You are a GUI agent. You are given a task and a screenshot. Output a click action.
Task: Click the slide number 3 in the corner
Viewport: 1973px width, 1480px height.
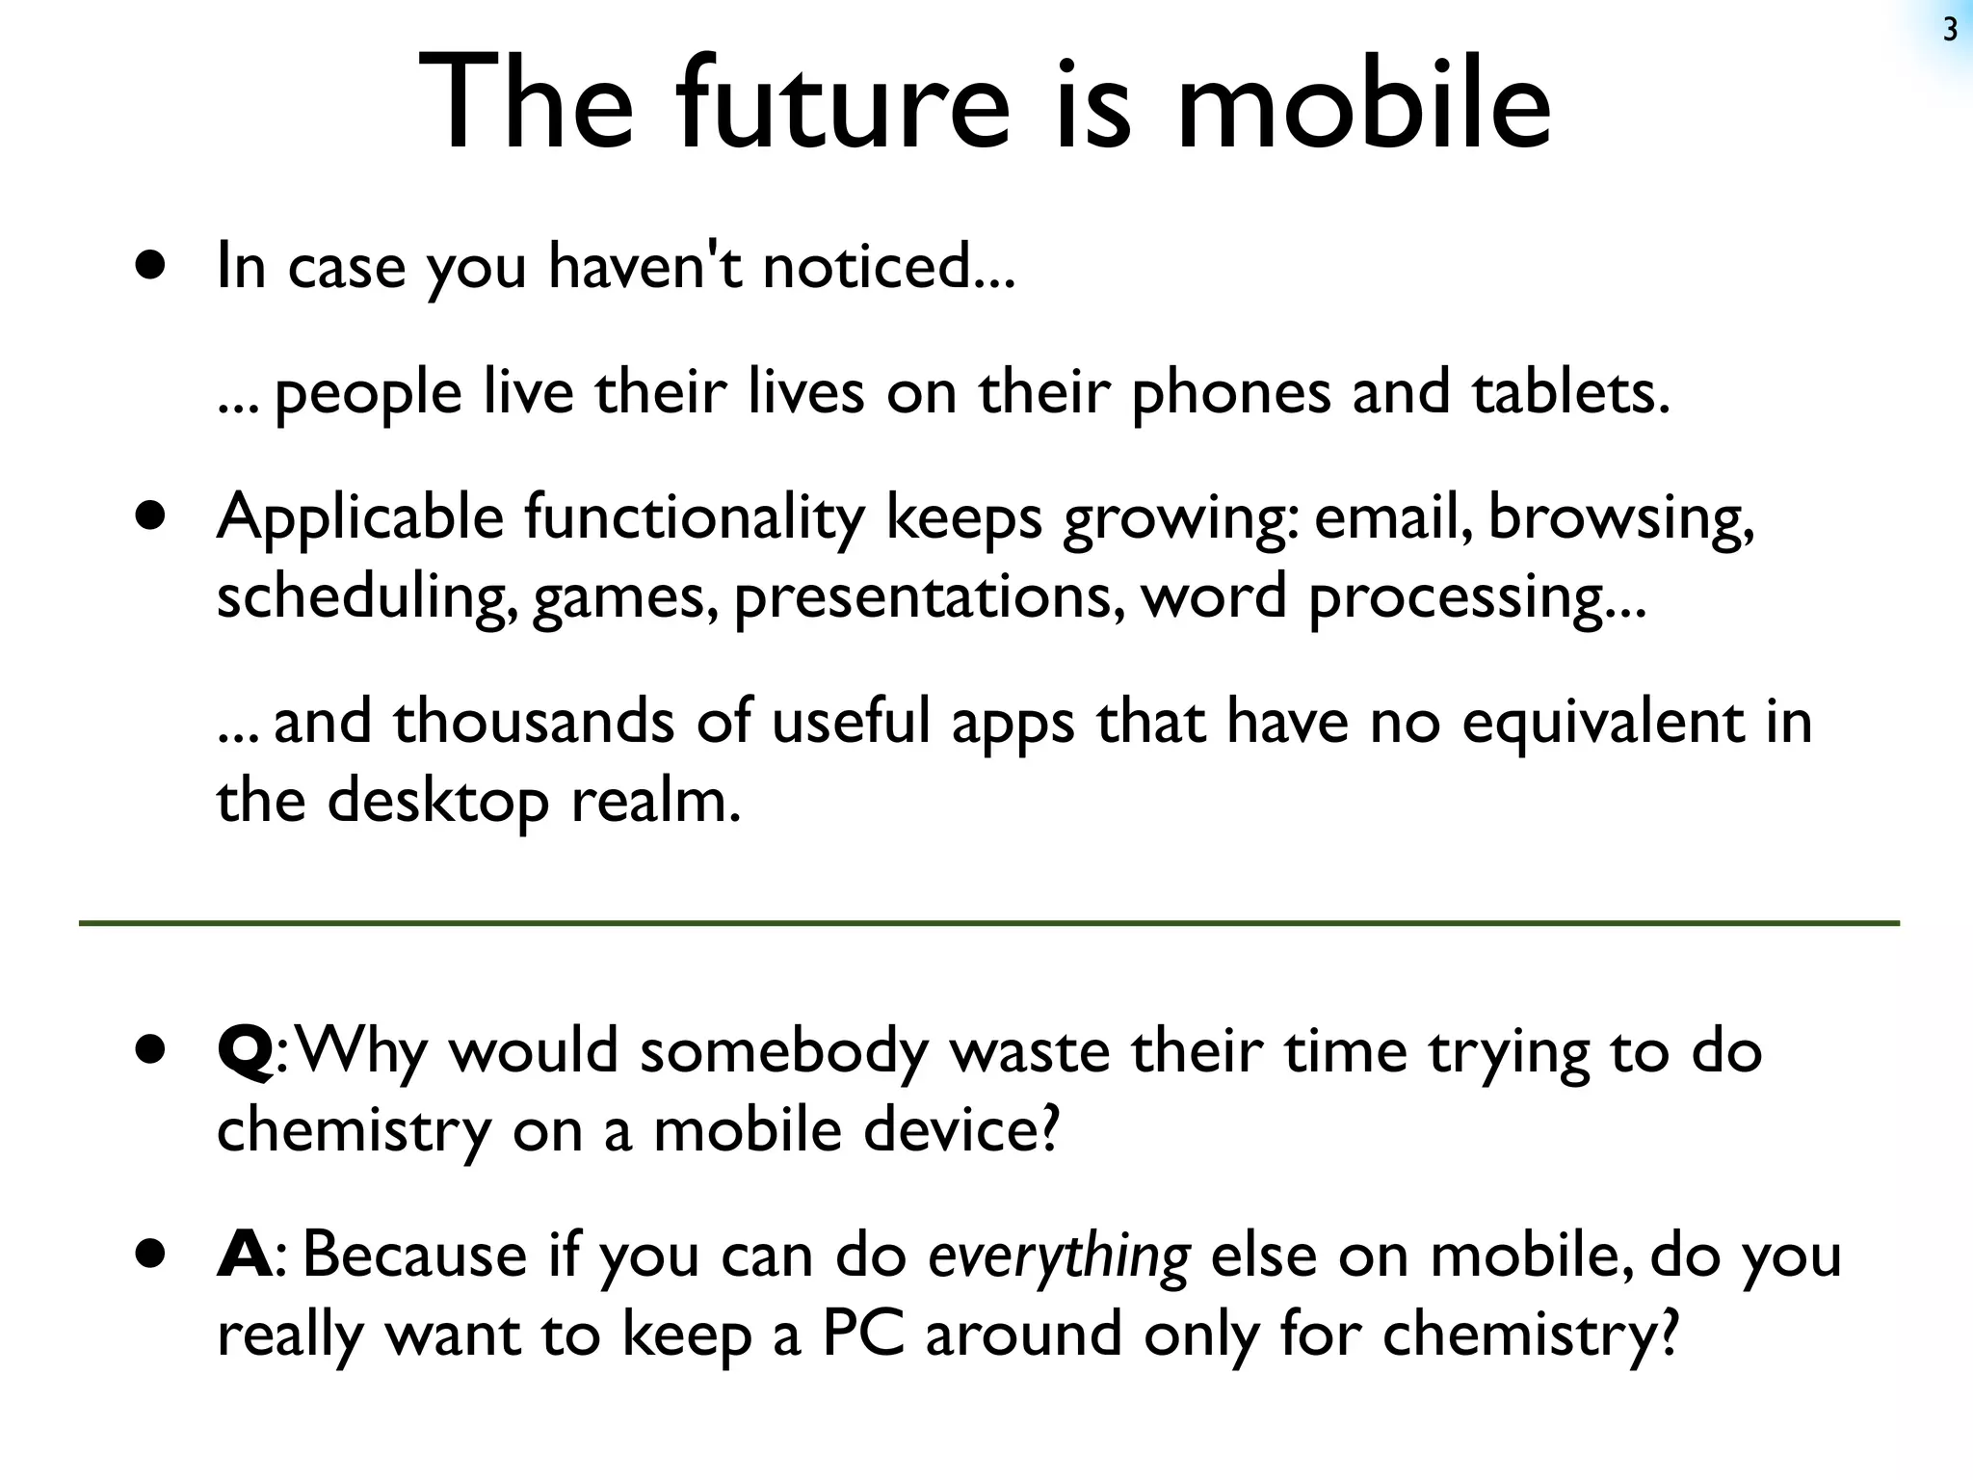1950,31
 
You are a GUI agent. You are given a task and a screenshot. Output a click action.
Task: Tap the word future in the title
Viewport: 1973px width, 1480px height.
843,104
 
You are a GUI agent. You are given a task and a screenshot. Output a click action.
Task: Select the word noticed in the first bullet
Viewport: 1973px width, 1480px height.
887,266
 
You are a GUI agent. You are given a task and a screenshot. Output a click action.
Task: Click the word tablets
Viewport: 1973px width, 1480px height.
1570,393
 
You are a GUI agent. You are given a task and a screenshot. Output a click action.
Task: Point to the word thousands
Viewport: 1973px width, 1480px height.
533,721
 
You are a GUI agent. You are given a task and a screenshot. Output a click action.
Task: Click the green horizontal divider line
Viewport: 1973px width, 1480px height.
988,923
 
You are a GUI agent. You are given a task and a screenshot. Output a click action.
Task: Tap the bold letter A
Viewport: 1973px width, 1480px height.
246,1255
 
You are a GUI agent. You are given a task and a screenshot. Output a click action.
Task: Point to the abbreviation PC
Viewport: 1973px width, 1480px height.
863,1335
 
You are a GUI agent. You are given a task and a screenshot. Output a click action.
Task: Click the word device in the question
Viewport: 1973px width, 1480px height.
960,1129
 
